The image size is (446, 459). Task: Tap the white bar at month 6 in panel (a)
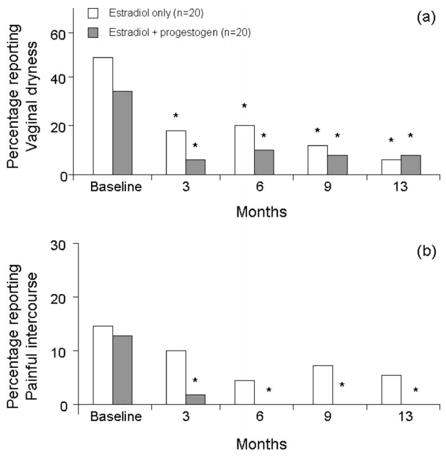point(244,150)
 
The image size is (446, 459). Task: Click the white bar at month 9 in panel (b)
point(323,385)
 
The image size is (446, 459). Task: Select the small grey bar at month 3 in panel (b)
point(195,399)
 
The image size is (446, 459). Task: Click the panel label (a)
point(427,18)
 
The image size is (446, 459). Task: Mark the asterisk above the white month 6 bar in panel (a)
point(244,106)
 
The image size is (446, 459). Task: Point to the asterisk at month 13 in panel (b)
point(416,391)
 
